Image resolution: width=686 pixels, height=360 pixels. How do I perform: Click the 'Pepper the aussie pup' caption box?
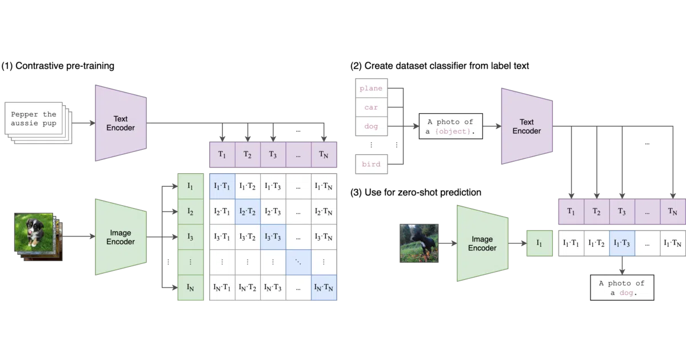34,118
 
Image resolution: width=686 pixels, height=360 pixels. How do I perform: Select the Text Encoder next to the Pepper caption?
121,123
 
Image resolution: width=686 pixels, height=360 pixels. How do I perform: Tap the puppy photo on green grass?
34,233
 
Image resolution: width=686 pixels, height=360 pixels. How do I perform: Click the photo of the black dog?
419,243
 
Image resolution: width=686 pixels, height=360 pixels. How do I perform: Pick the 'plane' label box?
371,88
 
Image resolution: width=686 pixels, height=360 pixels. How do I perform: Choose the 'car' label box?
371,107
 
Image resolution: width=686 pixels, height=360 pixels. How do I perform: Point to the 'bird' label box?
371,164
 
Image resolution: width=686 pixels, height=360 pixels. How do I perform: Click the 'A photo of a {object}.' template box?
451,126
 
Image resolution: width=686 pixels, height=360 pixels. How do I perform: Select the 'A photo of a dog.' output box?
622,287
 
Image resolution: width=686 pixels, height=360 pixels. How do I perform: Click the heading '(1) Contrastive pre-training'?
58,66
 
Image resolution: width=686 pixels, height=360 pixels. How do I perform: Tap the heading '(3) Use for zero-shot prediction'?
416,192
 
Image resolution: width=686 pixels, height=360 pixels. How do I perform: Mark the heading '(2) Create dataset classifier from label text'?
440,66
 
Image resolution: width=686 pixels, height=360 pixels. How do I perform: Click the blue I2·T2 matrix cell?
248,211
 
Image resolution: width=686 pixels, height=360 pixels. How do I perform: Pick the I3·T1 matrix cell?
222,237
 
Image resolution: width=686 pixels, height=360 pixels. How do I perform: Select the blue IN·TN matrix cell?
324,287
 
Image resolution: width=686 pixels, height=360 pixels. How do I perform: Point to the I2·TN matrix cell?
324,211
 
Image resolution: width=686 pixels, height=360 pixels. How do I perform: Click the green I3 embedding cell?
190,237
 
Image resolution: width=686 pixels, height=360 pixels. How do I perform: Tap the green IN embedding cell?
190,287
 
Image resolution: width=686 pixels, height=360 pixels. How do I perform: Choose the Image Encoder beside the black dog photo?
482,243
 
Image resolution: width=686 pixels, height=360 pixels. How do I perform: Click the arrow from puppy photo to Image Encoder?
79,237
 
